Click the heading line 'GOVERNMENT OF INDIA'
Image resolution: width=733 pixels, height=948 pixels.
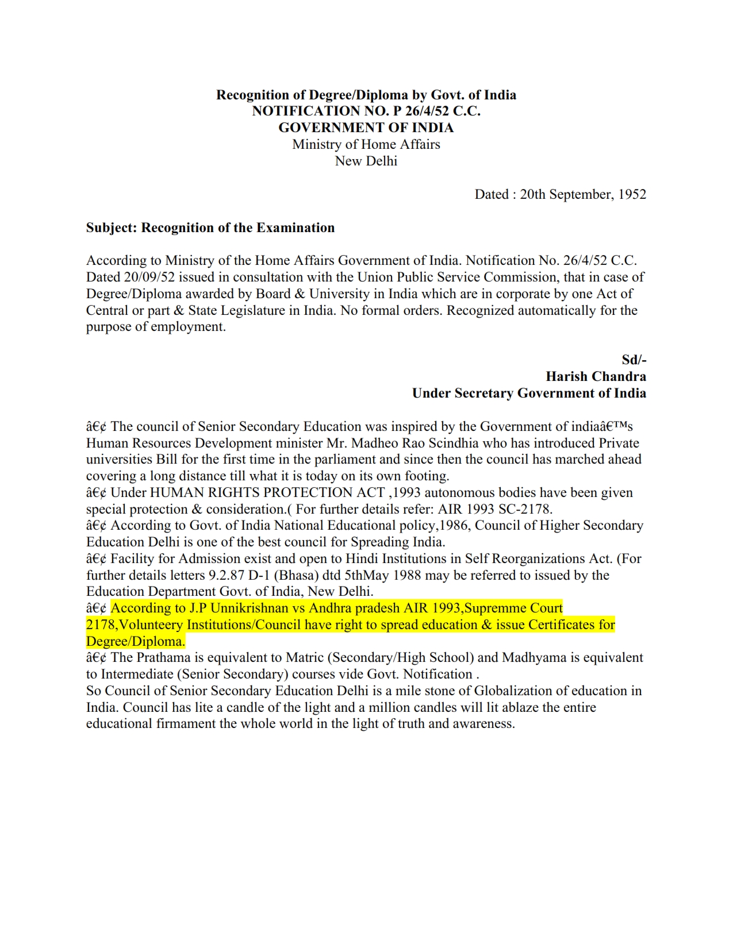[366, 128]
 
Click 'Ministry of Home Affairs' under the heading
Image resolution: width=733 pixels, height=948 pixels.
[366, 144]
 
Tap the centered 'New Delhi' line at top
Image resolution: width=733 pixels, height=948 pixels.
[366, 161]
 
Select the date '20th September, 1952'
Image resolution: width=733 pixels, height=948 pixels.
[583, 194]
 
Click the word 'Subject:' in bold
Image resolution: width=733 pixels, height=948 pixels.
[112, 228]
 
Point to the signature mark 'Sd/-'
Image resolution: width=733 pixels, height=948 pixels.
[634, 360]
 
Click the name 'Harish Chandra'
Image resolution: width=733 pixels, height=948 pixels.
[596, 376]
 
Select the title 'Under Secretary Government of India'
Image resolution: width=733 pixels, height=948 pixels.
[529, 393]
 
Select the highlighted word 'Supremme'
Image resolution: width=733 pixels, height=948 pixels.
[495, 608]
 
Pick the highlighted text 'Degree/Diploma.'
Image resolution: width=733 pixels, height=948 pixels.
[136, 641]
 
